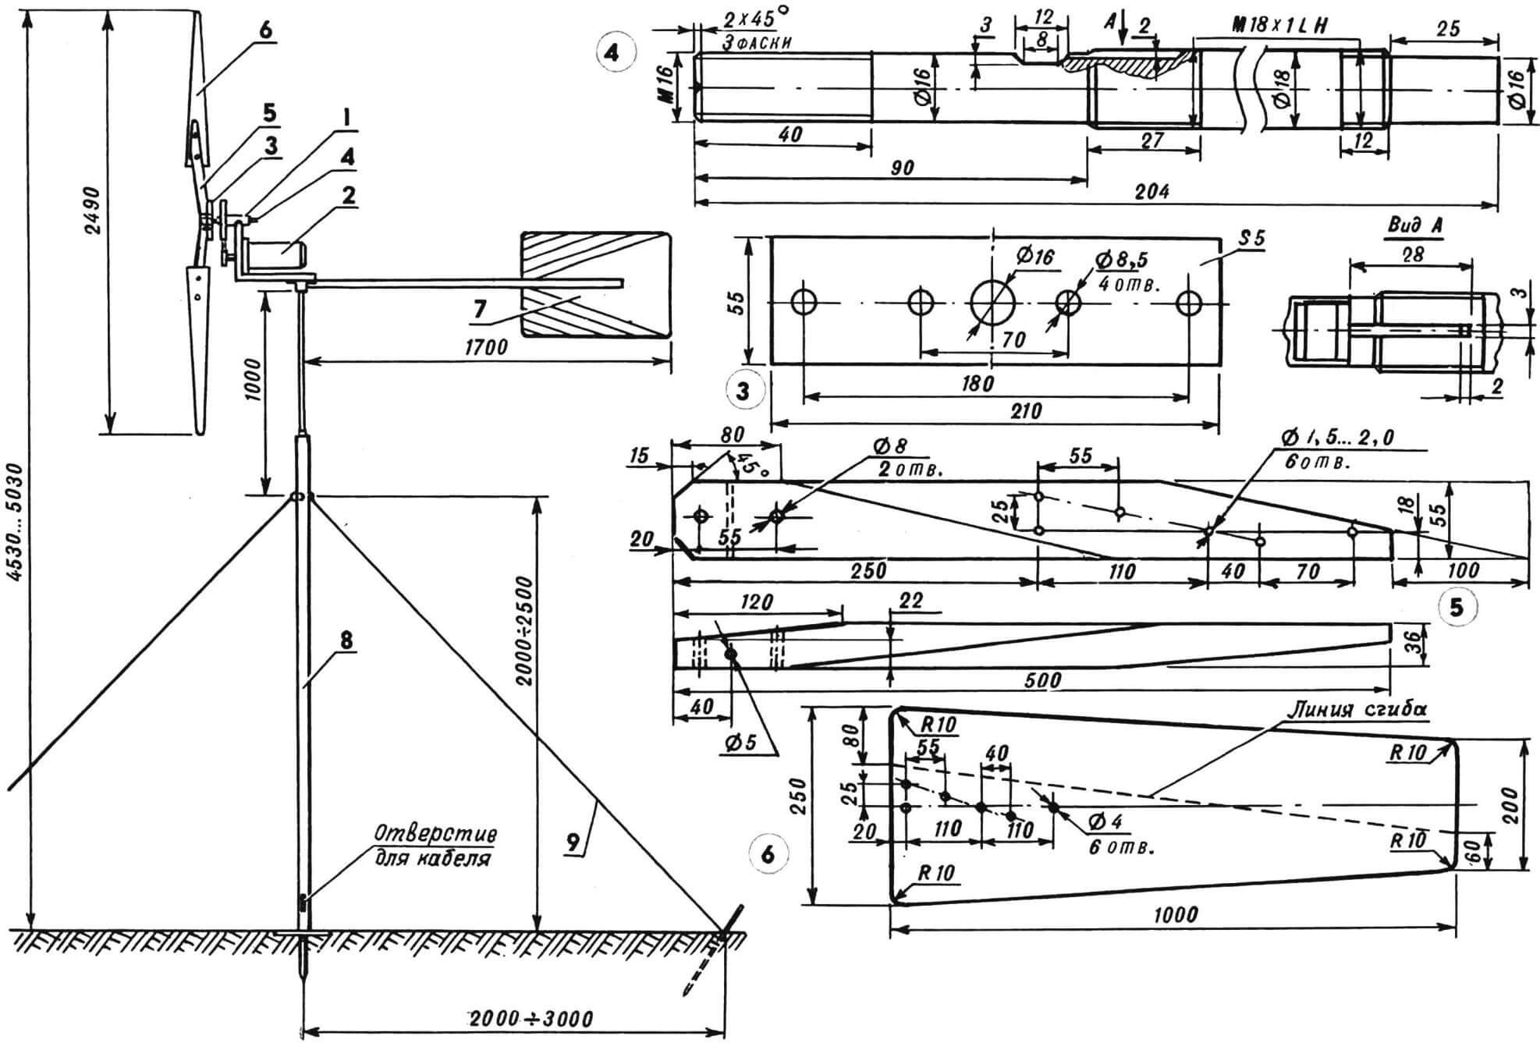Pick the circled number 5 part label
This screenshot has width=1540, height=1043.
pos(1457,607)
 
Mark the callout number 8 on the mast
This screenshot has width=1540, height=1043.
pos(346,640)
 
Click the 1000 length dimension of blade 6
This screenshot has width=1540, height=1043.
pos(1175,914)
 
